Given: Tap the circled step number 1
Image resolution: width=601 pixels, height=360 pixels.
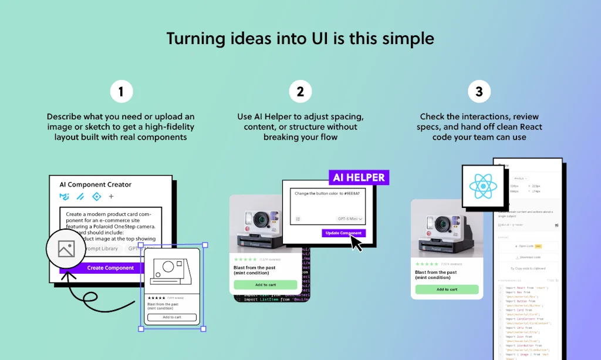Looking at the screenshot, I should tap(121, 92).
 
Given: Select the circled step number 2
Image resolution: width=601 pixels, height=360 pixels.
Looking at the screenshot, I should tap(300, 92).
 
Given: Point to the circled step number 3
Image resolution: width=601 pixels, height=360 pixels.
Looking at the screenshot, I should tap(479, 92).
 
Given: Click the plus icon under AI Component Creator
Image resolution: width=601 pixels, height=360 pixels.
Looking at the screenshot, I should tap(111, 197).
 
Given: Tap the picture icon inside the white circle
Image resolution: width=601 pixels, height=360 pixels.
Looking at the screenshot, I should tap(66, 249).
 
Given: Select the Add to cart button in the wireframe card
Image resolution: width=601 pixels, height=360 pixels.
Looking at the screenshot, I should tap(172, 317).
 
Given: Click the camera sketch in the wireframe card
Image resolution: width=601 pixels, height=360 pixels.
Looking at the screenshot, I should tap(171, 271).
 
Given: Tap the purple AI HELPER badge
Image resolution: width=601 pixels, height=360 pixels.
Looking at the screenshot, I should tap(359, 177).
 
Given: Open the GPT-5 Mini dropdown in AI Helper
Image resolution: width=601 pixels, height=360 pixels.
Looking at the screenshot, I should tap(350, 218).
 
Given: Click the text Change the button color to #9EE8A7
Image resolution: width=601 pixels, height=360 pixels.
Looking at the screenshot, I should tap(327, 193).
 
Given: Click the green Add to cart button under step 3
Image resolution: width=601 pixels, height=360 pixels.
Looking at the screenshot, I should tap(447, 290).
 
